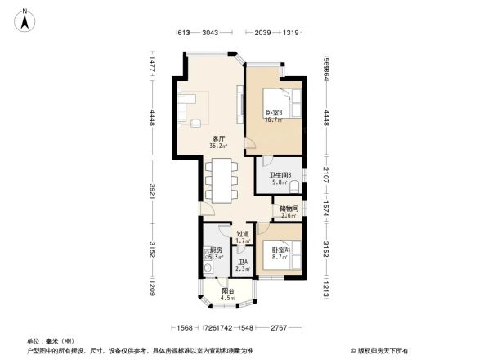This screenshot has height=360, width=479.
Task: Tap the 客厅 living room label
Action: click(x=218, y=138)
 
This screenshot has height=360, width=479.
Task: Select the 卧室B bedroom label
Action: click(x=273, y=112)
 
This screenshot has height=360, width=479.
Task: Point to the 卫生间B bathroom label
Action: click(x=280, y=174)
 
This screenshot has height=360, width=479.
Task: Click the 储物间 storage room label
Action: click(x=288, y=208)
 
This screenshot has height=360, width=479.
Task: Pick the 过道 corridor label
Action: click(x=242, y=233)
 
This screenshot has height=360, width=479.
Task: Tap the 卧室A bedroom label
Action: click(x=279, y=250)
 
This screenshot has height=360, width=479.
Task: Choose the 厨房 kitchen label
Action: click(x=217, y=250)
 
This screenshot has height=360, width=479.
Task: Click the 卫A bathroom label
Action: click(x=242, y=262)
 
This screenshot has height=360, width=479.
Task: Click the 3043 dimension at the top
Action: click(x=210, y=32)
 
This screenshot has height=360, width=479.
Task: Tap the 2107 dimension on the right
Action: click(x=325, y=174)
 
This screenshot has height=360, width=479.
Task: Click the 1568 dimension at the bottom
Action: click(x=186, y=327)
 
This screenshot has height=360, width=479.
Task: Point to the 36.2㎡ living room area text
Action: click(x=218, y=146)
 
